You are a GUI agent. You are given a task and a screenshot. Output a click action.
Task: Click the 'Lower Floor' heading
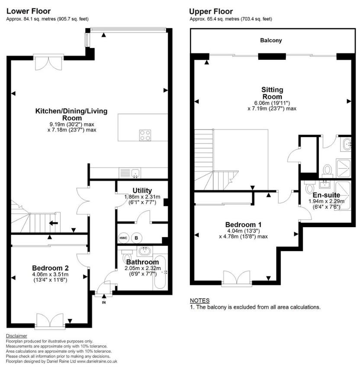[x=28, y=11]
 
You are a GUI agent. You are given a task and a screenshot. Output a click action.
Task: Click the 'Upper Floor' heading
[x=211, y=12]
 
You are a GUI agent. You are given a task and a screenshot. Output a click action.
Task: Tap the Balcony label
[x=271, y=40]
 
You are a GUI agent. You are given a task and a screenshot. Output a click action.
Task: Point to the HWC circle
[x=123, y=238]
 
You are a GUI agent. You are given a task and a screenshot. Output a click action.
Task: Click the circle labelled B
[x=136, y=238]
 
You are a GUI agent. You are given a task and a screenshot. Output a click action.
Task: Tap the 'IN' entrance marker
[x=103, y=302]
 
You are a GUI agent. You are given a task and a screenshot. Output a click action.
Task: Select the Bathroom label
[x=142, y=262]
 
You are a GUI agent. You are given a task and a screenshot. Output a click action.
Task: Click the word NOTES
[x=199, y=300]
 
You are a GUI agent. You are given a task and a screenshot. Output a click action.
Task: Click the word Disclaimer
[x=16, y=336]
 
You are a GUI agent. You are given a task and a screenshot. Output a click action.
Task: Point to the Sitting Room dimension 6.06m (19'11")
[x=272, y=103]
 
